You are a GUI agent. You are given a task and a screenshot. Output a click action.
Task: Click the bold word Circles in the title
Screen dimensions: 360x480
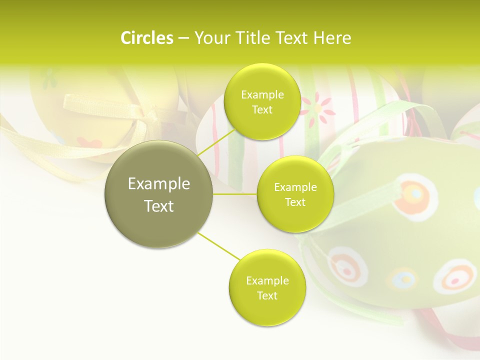(146, 37)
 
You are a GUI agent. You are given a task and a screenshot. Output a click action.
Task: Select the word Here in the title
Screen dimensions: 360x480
(332, 37)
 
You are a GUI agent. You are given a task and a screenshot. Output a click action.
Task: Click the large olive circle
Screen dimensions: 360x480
(159, 194)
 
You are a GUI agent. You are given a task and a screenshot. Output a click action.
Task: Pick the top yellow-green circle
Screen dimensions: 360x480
(262, 101)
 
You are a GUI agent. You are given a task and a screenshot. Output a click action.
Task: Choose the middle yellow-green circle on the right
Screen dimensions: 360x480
(295, 194)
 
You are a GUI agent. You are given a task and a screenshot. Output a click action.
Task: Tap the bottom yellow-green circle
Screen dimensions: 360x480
(267, 287)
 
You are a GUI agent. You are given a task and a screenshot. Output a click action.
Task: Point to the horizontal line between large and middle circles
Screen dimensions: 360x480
(235, 194)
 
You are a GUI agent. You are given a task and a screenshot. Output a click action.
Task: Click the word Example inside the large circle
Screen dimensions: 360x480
(159, 184)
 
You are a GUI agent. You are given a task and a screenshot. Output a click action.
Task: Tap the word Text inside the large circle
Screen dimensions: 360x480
(159, 206)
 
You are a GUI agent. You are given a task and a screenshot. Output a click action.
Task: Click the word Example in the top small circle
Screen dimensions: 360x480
(262, 94)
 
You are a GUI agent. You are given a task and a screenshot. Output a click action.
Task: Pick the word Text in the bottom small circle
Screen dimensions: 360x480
(267, 295)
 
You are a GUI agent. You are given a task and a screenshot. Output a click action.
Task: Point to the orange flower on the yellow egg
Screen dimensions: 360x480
(90, 143)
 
